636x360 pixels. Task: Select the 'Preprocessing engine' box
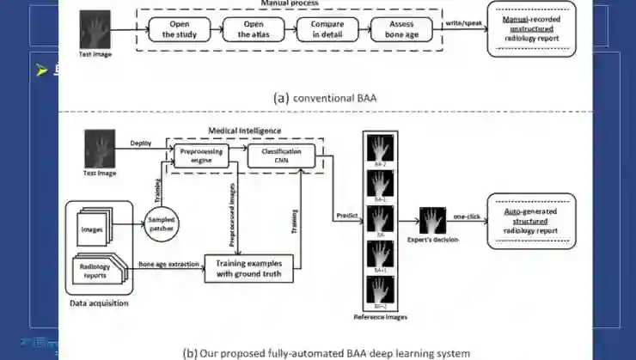point(201,156)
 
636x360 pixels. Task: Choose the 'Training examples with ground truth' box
point(248,267)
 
